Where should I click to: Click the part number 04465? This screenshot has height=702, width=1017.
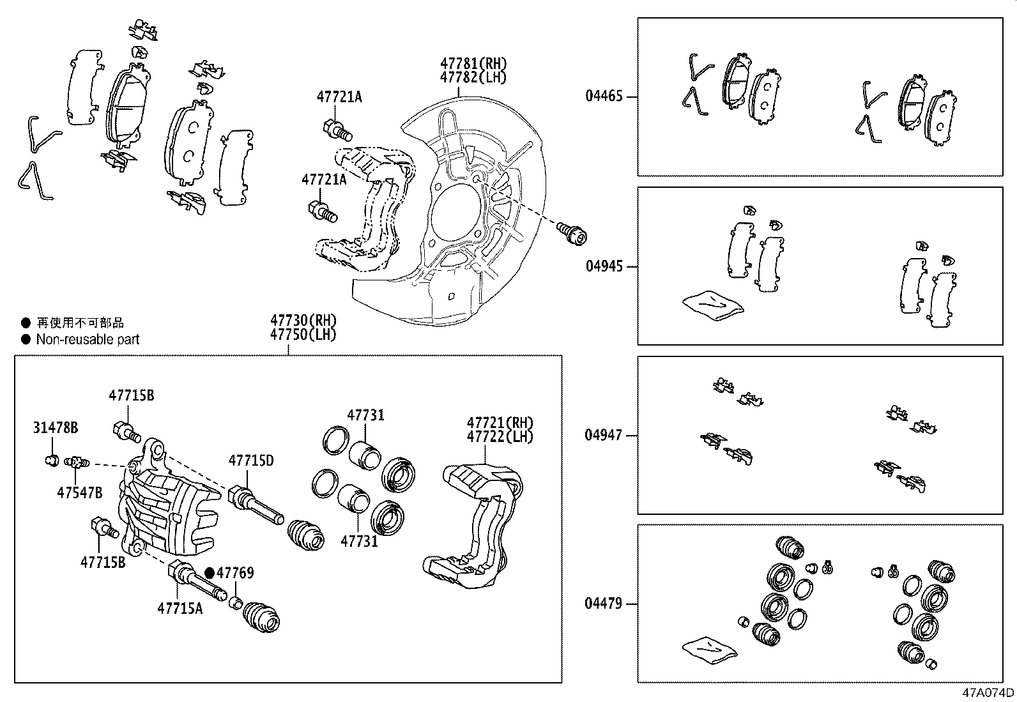coord(604,96)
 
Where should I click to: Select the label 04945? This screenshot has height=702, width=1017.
coord(604,266)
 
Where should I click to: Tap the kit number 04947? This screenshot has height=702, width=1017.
coord(604,435)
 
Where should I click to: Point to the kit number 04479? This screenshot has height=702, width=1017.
coord(604,603)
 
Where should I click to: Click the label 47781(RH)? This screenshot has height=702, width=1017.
coord(473,63)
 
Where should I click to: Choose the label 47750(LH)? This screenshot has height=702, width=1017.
coord(302,333)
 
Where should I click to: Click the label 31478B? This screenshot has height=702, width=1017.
coord(56,427)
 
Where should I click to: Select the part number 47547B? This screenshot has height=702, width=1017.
coord(79,492)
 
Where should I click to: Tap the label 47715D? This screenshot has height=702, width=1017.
coord(251,461)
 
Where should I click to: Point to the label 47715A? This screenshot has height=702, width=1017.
coord(180,608)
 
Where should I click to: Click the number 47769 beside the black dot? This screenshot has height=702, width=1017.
coord(235,572)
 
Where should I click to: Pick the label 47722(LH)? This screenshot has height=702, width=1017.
coord(500,436)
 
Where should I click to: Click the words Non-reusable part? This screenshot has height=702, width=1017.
coord(88,339)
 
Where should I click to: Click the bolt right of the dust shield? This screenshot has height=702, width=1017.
coord(571,233)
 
